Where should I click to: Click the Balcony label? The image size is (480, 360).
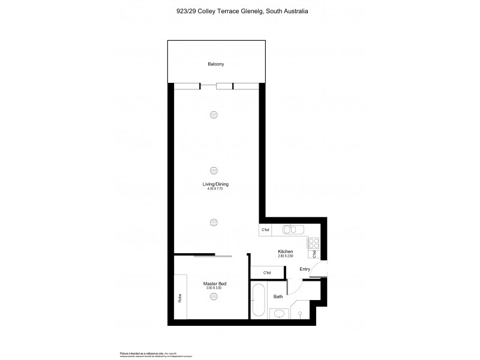pos(215,64)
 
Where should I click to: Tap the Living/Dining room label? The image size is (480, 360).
pos(215,184)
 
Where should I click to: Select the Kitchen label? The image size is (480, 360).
pos(285,251)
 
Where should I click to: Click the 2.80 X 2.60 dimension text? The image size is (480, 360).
pos(285,256)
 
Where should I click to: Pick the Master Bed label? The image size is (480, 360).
pos(214,284)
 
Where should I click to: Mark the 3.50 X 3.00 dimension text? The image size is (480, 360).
pos(214,289)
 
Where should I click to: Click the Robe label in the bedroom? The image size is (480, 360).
pos(180,297)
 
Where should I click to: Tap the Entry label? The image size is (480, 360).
pos(305,269)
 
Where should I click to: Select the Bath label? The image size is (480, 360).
pos(278,296)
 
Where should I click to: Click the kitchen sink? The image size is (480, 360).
pos(292,229)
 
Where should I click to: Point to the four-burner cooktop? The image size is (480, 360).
pos(313,243)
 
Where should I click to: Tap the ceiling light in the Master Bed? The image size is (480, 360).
pos(214,295)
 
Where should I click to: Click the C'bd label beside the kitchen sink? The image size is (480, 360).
pos(265,230)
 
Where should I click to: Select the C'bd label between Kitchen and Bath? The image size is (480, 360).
pos(267,273)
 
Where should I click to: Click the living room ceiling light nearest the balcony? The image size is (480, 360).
pos(214,116)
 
